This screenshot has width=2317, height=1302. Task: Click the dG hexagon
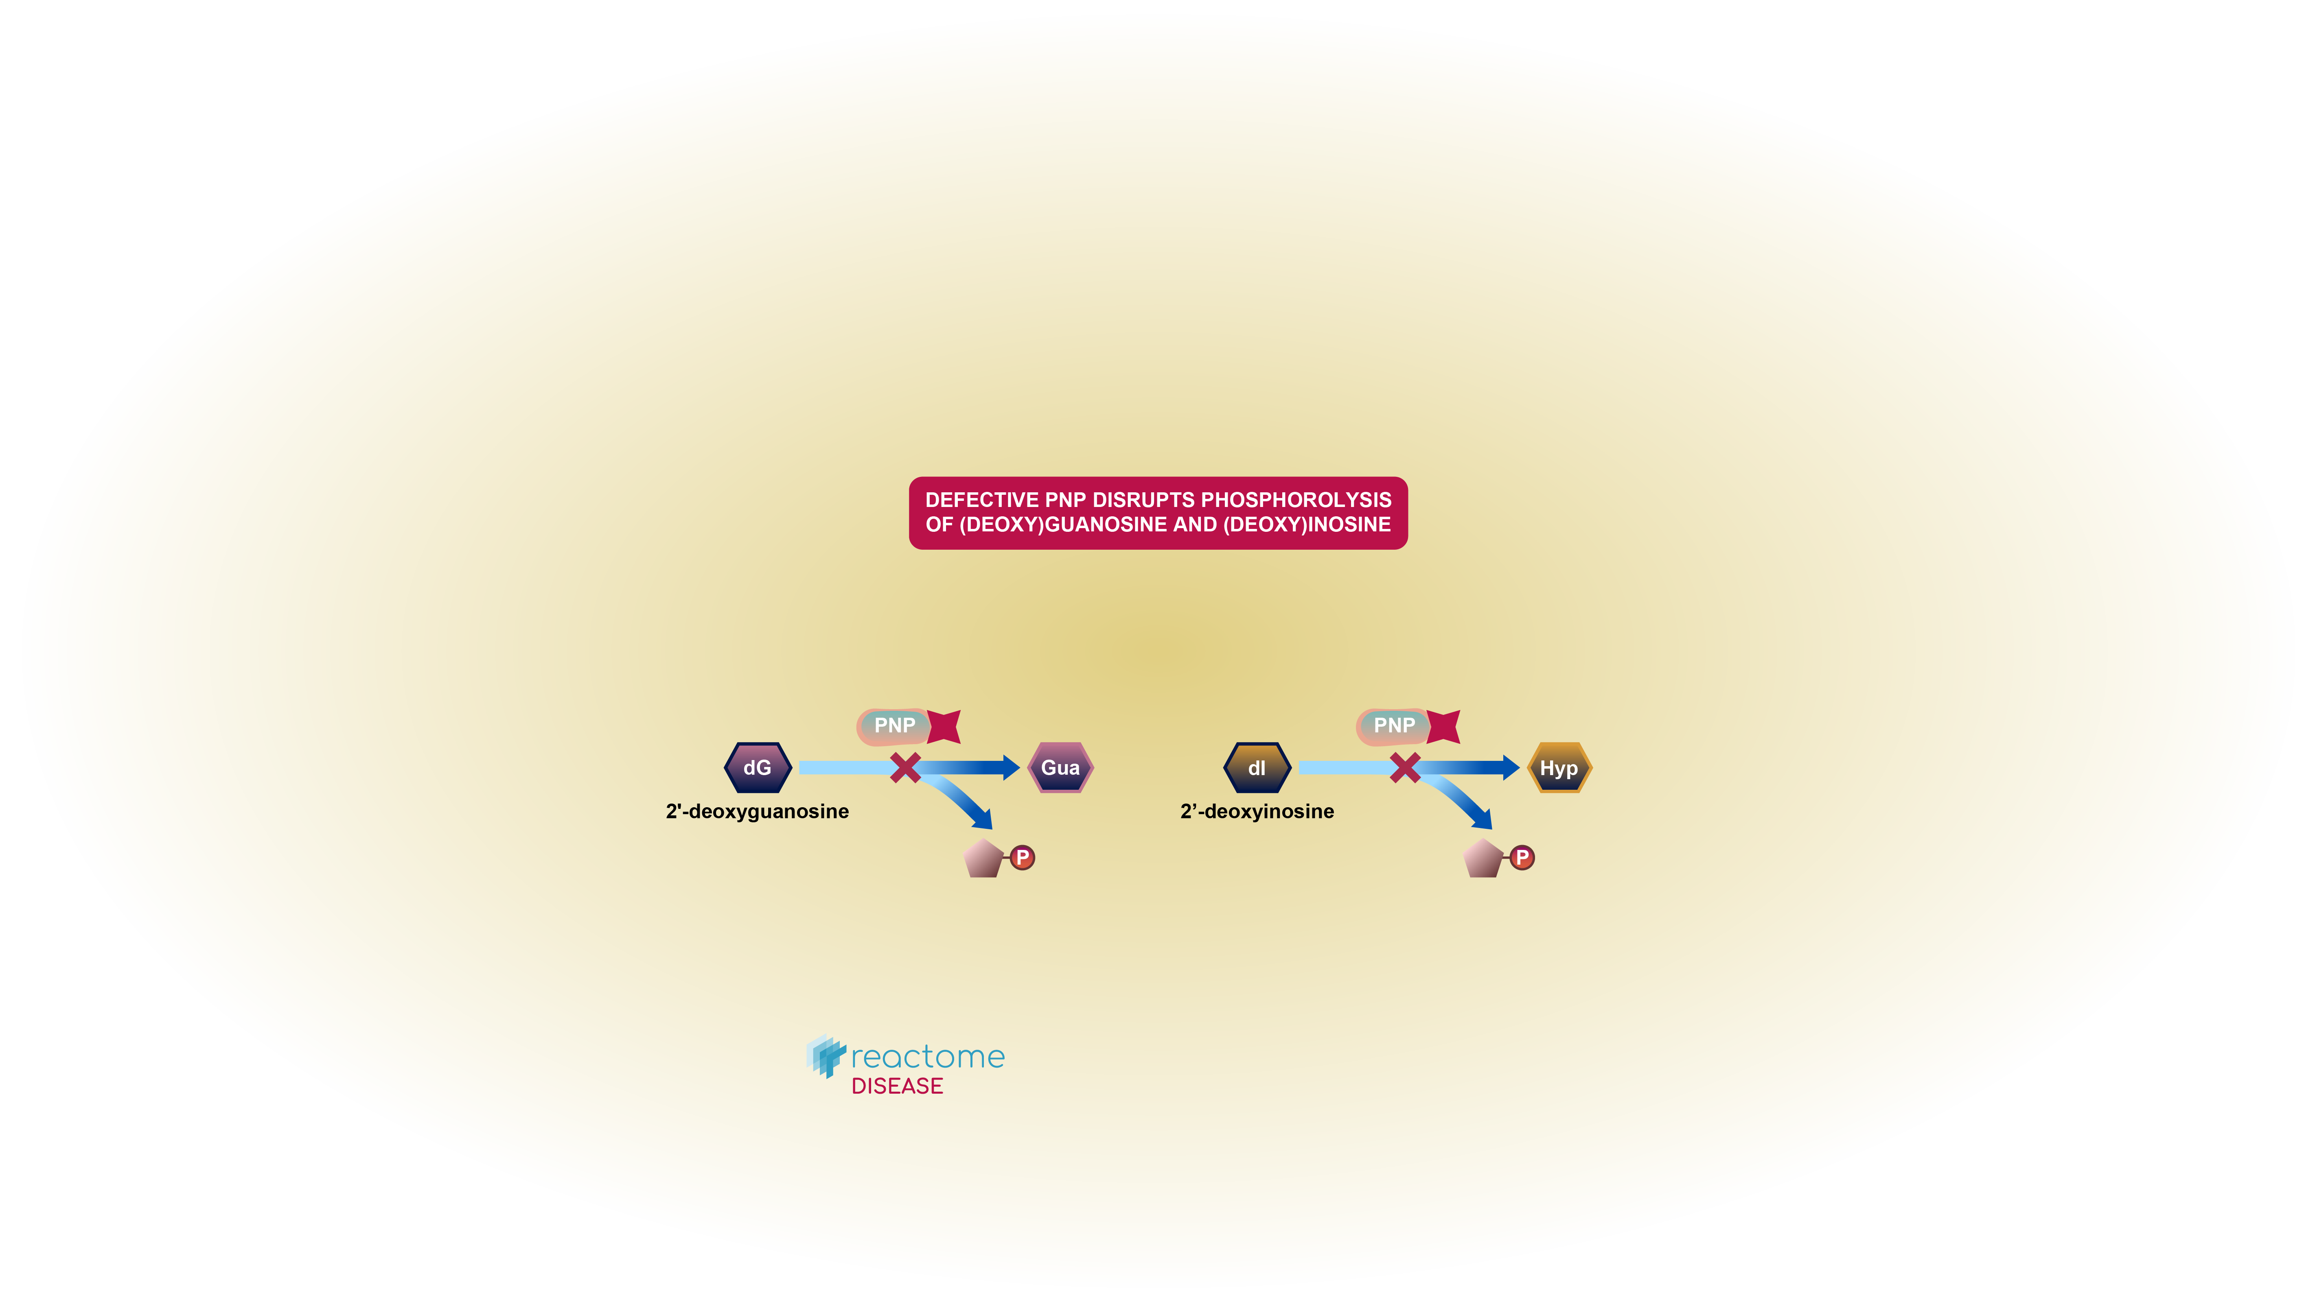tap(758, 768)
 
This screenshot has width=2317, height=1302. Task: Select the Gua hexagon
tap(1060, 768)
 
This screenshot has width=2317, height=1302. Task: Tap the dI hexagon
tap(1257, 768)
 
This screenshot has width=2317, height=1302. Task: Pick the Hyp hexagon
tap(1559, 768)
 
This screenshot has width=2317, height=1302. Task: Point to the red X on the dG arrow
tap(905, 768)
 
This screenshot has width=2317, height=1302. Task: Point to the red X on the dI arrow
tap(1405, 768)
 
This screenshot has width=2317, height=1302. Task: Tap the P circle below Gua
tap(1022, 858)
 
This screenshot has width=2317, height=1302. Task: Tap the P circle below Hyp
tap(1522, 858)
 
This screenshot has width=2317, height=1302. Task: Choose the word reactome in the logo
tap(927, 1057)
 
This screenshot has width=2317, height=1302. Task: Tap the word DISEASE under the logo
tap(897, 1086)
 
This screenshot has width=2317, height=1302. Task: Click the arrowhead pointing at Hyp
tap(1511, 768)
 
